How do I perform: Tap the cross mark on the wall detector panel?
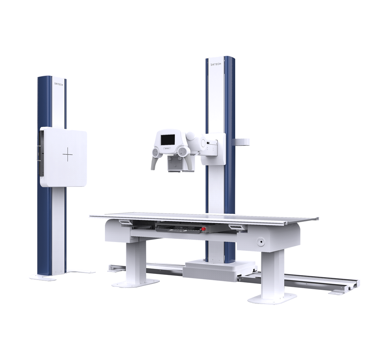point(68,154)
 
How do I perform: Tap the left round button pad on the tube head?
point(155,153)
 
